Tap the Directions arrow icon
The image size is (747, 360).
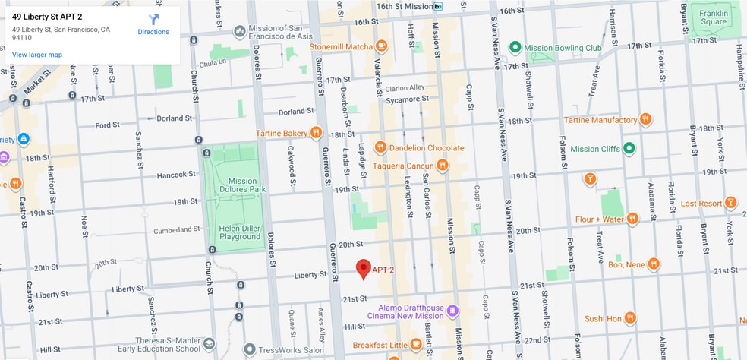pyautogui.click(x=153, y=20)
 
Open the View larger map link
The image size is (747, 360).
pyautogui.click(x=37, y=55)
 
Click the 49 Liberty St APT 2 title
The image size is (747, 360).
pyautogui.click(x=47, y=16)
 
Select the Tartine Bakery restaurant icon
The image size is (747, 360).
pyautogui.click(x=317, y=133)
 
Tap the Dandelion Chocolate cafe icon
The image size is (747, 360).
pyautogui.click(x=380, y=147)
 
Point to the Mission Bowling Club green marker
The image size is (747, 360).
pyautogui.click(x=515, y=47)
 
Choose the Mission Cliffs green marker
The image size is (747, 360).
pyautogui.click(x=629, y=149)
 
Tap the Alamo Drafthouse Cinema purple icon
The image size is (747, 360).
pyautogui.click(x=452, y=310)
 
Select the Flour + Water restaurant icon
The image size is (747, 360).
pyautogui.click(x=632, y=219)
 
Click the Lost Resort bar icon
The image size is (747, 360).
pyautogui.click(x=730, y=203)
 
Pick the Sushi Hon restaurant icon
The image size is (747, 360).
pyautogui.click(x=631, y=318)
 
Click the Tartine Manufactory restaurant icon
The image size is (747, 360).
pyautogui.click(x=645, y=120)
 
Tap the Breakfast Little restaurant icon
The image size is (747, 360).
pyautogui.click(x=415, y=345)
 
